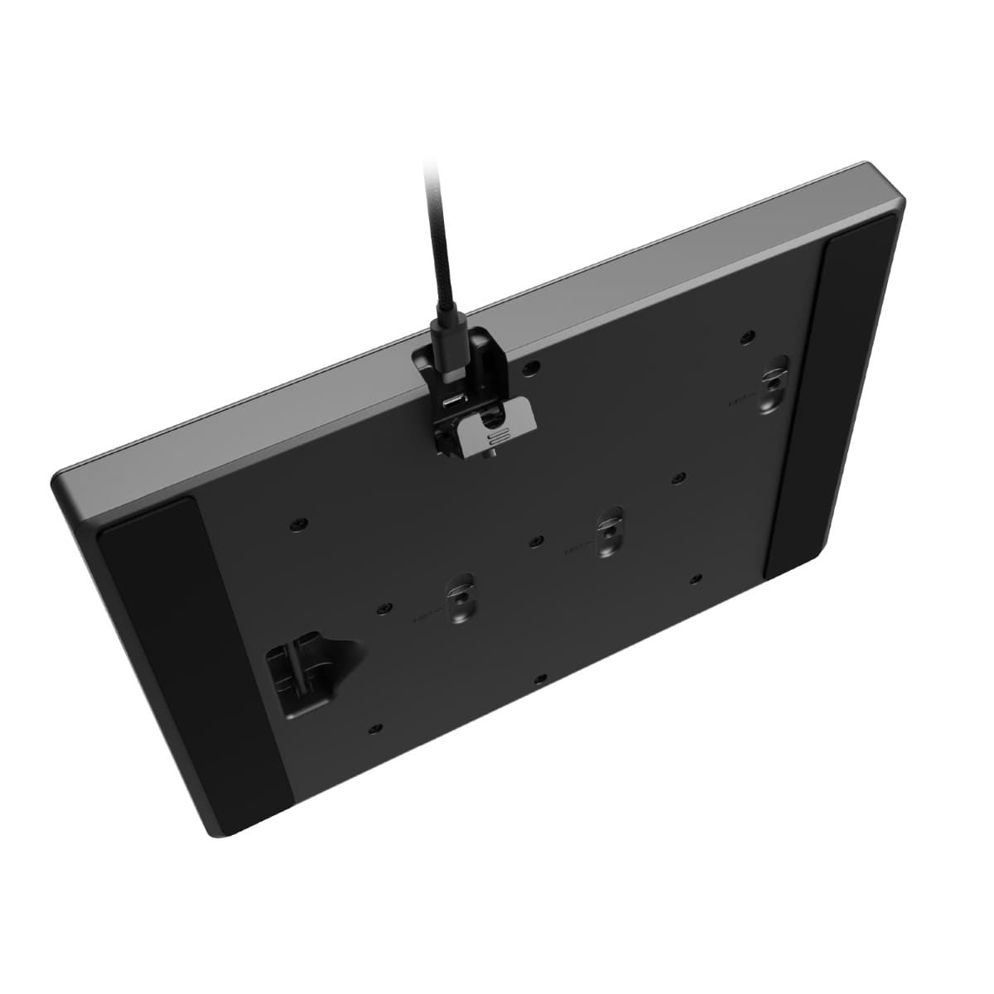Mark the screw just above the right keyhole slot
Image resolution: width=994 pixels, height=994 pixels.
[747, 337]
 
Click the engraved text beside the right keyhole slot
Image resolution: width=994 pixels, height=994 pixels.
[740, 401]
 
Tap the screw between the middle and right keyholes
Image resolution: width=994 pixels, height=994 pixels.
[678, 478]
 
